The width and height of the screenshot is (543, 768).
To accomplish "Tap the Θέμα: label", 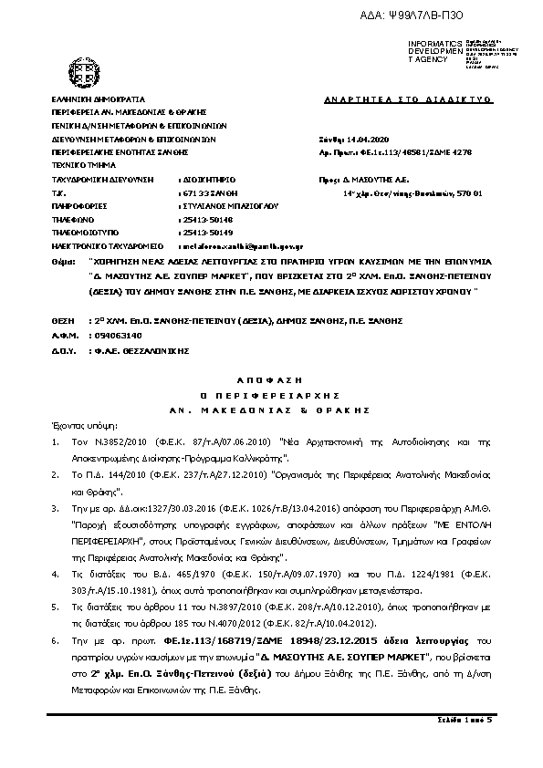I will point(64,262).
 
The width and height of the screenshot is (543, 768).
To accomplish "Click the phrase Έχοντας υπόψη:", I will point(79,425).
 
